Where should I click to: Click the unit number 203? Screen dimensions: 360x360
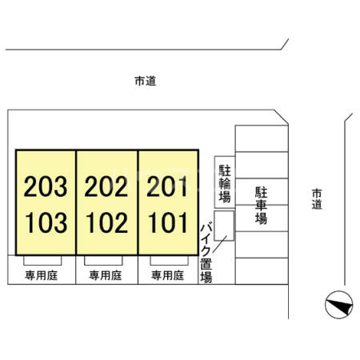[46, 186]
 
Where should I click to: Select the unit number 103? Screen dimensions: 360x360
[46, 222]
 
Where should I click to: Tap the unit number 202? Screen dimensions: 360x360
[106, 186]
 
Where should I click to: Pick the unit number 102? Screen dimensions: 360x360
[106, 222]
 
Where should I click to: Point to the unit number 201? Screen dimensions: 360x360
[167, 186]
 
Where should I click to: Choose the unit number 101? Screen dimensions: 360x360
[167, 222]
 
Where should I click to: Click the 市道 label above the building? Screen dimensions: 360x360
[146, 81]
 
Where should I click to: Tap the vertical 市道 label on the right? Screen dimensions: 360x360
[317, 199]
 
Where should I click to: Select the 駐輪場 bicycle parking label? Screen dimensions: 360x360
[225, 183]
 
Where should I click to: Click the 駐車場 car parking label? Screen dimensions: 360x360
[261, 206]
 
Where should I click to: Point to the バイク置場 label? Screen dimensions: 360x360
[206, 254]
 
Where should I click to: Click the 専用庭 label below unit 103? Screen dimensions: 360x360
[42, 275]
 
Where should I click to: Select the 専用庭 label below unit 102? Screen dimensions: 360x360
[106, 275]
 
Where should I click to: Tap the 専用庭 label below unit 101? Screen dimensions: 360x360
[167, 275]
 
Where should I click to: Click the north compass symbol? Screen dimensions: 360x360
[339, 305]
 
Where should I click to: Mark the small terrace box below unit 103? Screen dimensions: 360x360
[42, 261]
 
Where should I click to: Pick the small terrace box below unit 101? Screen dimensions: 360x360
[169, 261]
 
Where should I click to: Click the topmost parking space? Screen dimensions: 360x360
[262, 138]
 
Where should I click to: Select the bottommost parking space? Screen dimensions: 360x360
[262, 271]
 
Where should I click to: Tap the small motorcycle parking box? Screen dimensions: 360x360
[224, 226]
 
